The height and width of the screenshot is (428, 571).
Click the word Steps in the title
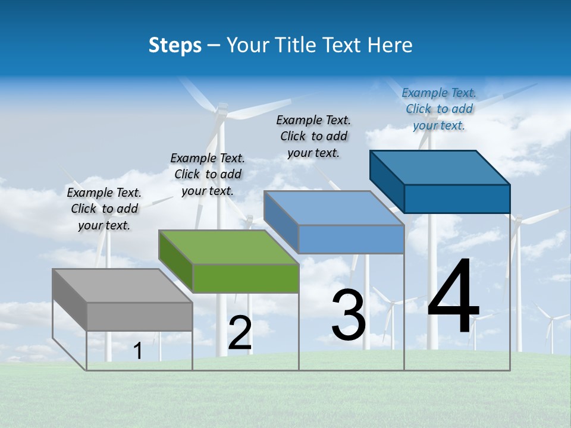point(175,45)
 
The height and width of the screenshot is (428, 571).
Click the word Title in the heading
point(296,45)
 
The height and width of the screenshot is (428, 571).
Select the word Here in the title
point(390,45)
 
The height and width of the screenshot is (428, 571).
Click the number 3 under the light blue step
point(348,315)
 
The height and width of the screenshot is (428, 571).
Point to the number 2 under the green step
point(240,333)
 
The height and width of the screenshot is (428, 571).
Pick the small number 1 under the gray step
point(138,351)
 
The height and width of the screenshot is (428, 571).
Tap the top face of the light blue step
point(334,208)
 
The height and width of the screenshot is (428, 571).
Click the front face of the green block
point(246,278)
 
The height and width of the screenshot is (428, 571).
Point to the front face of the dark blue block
point(457,199)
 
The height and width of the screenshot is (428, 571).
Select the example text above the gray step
point(104,209)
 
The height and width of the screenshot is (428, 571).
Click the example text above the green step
point(208,174)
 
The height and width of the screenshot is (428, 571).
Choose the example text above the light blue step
point(313,136)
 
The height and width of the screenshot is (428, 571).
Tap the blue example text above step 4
point(439,109)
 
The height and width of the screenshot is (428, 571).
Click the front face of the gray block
point(140,316)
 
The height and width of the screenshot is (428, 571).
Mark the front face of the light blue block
point(351,239)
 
